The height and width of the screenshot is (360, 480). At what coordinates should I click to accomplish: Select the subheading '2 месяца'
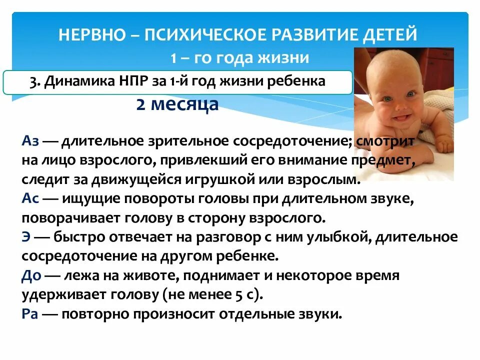177,105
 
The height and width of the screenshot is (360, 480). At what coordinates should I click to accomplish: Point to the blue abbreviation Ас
29,199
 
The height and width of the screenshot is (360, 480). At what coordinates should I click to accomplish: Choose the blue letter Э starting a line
25,237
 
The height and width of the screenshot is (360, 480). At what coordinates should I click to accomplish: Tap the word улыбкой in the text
345,237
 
